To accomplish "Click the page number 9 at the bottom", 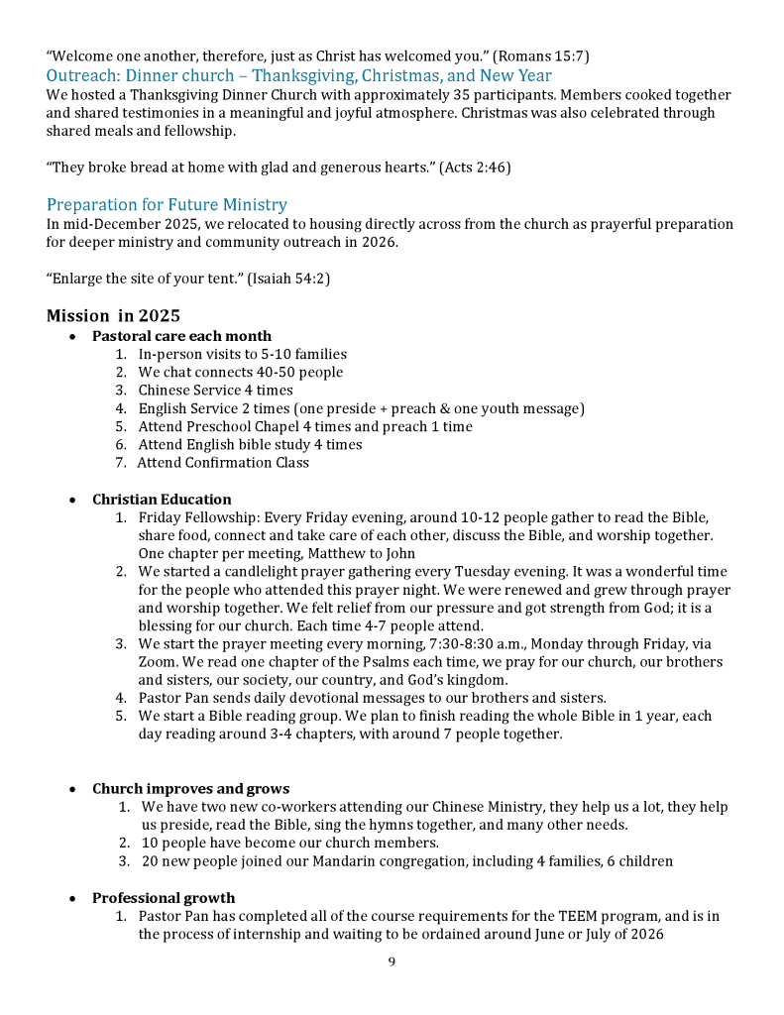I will [x=392, y=960].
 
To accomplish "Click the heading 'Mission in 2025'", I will [x=113, y=316].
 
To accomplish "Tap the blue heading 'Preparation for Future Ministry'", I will [x=167, y=205].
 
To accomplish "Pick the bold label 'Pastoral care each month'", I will [x=181, y=336].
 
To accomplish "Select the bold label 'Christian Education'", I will [x=162, y=500].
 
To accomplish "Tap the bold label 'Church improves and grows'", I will [x=190, y=789].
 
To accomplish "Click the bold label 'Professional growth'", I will [x=164, y=898].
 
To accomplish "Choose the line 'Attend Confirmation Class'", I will [x=223, y=463].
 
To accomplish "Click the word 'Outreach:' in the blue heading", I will [x=83, y=75].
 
